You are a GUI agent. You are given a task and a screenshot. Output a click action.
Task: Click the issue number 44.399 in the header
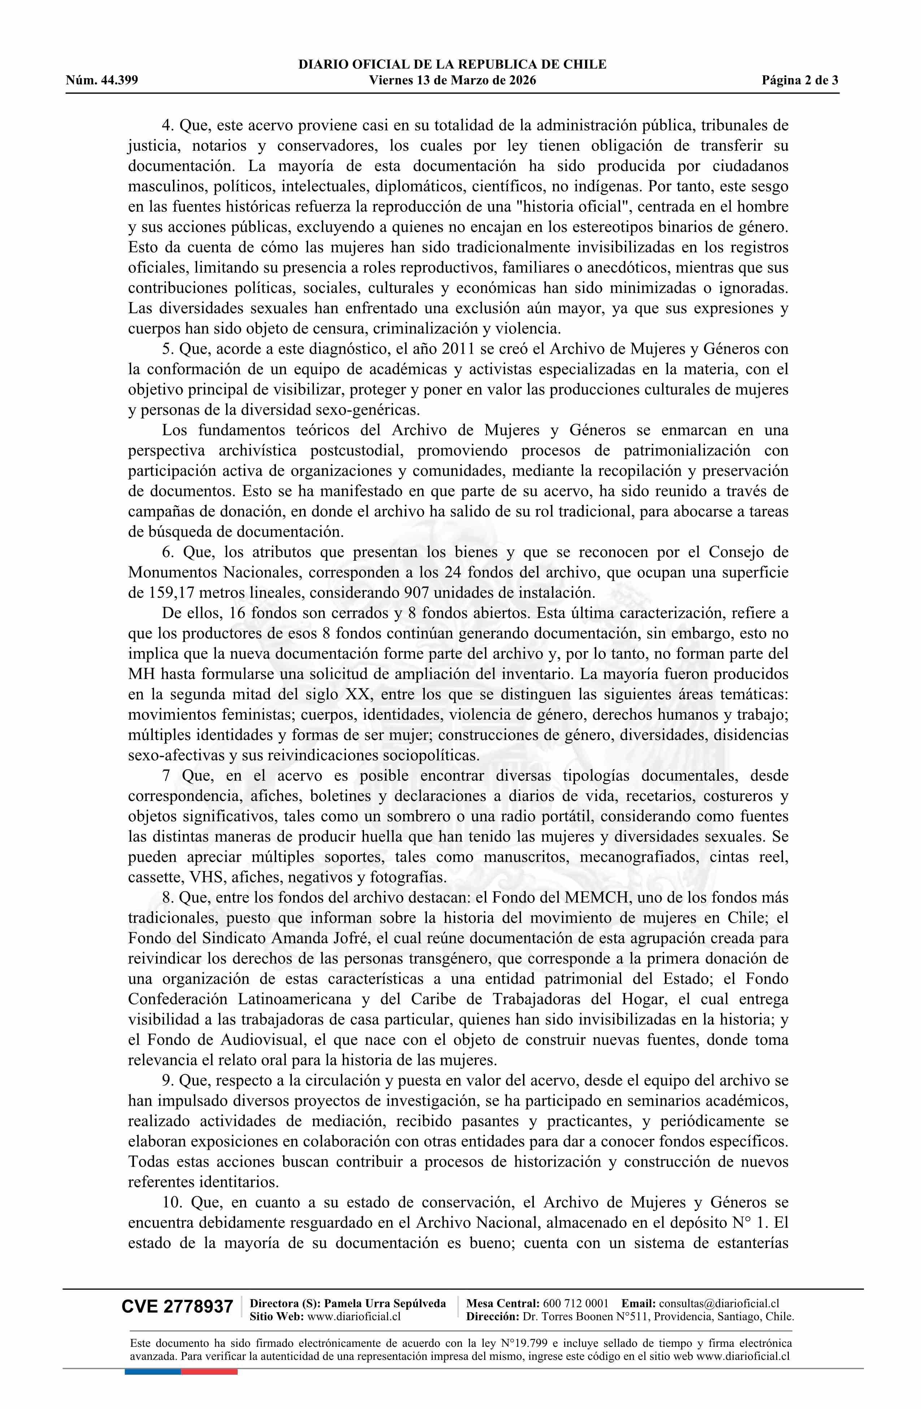[119, 81]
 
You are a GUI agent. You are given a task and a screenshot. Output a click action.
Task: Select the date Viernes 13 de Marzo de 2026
[452, 81]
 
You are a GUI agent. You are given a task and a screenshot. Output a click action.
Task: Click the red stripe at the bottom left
[209, 1372]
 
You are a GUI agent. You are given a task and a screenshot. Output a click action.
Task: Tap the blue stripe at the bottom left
[153, 1372]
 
